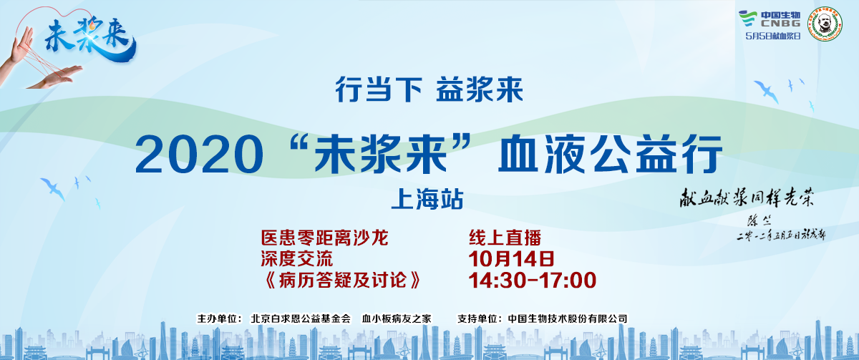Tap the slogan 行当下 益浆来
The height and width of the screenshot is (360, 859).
tap(429, 89)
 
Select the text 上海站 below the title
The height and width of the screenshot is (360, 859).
tap(428, 198)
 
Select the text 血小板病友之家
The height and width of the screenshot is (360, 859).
tap(396, 317)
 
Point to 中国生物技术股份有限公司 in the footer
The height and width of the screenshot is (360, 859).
tap(567, 317)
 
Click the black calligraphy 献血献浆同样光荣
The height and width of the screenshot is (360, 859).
tap(747, 198)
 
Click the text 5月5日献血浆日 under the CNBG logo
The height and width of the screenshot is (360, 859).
tap(772, 36)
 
